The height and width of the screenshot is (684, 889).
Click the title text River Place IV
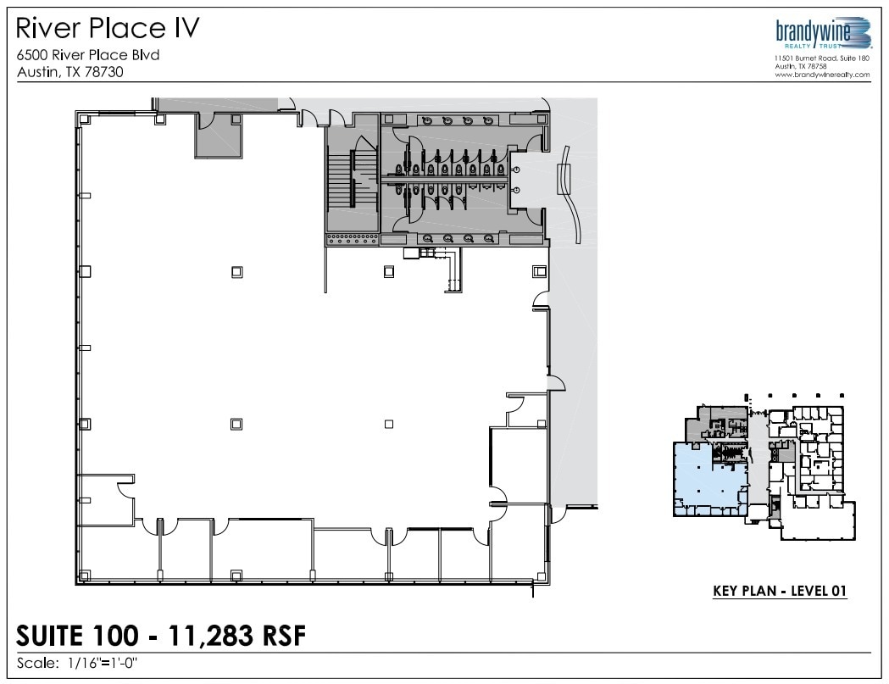pyautogui.click(x=108, y=28)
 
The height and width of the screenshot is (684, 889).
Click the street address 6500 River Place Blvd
pyautogui.click(x=88, y=56)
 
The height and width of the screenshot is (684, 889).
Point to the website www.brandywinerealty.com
pyautogui.click(x=821, y=75)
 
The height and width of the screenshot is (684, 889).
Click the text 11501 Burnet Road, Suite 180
pyautogui.click(x=821, y=58)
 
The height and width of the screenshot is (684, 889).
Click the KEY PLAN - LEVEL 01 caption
pyautogui.click(x=780, y=592)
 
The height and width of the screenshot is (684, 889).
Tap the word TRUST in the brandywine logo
pyautogui.click(x=851, y=45)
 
